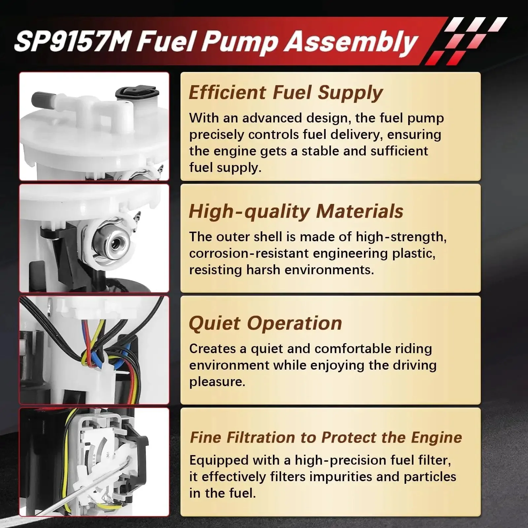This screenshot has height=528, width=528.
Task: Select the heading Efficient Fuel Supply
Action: tap(286, 92)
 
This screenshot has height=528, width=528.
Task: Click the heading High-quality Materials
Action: tap(296, 211)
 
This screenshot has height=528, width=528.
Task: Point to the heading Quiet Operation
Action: tap(265, 323)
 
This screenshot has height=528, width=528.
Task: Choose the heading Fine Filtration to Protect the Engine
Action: tap(326, 438)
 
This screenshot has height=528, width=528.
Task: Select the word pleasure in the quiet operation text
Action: tap(217, 382)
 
